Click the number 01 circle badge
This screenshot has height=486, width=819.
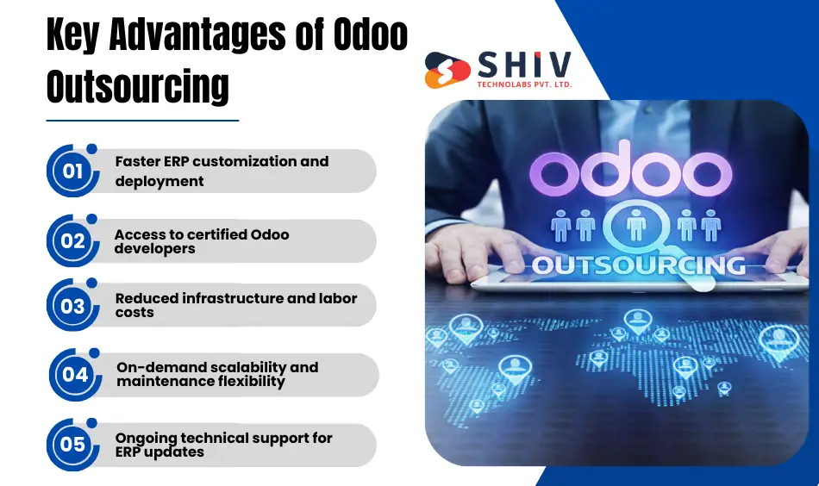pos(72,171)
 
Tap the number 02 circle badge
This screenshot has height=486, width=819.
pos(72,241)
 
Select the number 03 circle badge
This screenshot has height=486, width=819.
pos(72,306)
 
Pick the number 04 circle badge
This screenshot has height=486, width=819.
pos(75,375)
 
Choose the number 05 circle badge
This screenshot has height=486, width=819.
pos(72,445)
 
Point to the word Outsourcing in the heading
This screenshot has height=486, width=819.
pos(138,86)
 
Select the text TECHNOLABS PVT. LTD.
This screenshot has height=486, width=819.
pos(523,84)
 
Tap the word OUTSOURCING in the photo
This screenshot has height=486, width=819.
pos(638,265)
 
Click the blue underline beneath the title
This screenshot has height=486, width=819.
pos(142,121)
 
